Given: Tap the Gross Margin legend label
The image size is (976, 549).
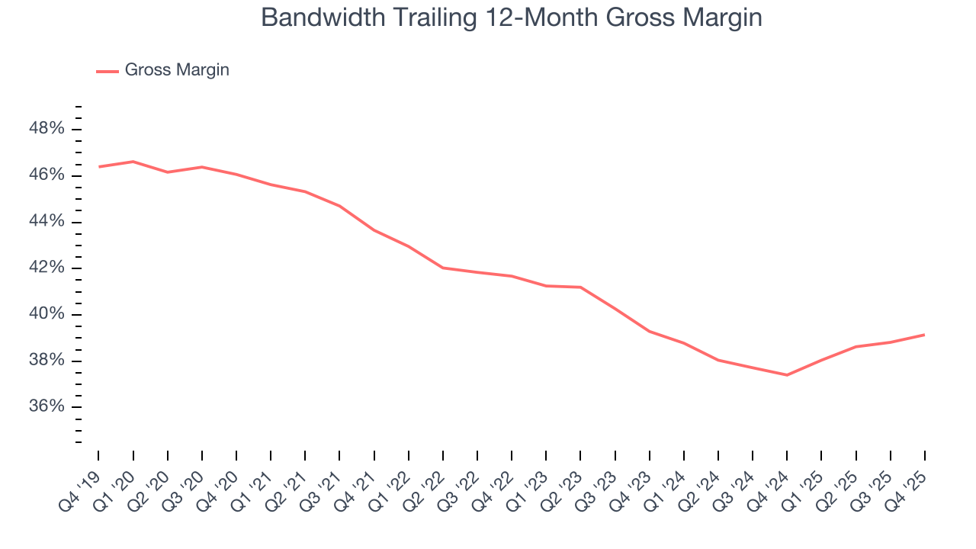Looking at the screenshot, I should point(177,70).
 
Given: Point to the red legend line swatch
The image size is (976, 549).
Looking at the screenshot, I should point(107,71).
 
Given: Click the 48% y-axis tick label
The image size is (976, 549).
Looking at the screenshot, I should point(46,129).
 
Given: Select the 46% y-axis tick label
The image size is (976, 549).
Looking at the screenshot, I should point(46,175).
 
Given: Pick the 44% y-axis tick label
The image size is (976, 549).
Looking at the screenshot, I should point(46,222).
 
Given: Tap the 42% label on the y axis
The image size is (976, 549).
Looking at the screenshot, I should point(46,268).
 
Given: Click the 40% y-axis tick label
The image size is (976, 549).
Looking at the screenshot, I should point(46,314).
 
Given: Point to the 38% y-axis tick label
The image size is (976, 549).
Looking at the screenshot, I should point(46,361).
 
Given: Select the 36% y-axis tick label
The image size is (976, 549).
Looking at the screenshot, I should point(46,406).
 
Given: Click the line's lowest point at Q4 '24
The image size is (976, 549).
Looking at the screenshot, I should point(787,375).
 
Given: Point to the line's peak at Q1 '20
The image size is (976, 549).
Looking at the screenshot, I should point(133,162).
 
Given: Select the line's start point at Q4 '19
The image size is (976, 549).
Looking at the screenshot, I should point(99,166).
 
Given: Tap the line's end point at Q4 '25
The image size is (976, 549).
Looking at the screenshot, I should point(924,335).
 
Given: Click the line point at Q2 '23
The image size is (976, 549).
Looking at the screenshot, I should point(580,287).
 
